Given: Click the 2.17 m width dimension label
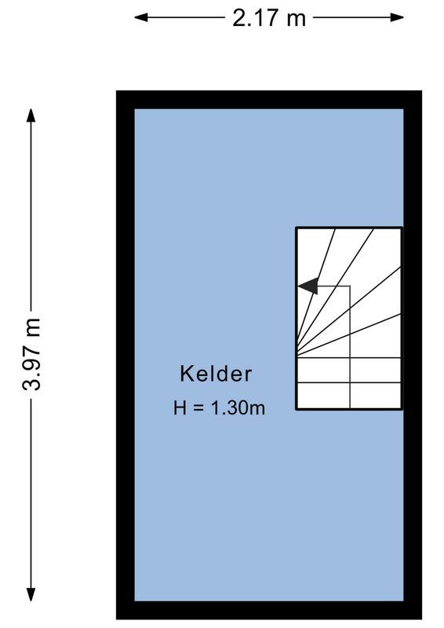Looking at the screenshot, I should tap(269, 17).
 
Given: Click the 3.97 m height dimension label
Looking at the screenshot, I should tap(32, 354).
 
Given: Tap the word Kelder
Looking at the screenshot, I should tap(216, 374).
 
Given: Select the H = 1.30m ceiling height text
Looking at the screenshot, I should tap(219, 407).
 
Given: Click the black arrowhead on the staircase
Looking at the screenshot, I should tap(308, 286).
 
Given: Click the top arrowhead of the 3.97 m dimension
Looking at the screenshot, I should tap(31, 115).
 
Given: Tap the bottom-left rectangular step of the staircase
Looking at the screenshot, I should tap(322, 396).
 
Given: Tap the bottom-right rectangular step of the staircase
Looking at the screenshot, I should tap(375, 396).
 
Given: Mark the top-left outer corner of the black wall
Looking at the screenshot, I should tap(118, 92).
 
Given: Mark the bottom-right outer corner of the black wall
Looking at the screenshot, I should tap(420, 619).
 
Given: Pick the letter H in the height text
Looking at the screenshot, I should tap(180, 407).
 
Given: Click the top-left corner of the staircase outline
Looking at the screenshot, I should tap(297, 228).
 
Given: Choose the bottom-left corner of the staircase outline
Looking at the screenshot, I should tap(297, 409).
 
